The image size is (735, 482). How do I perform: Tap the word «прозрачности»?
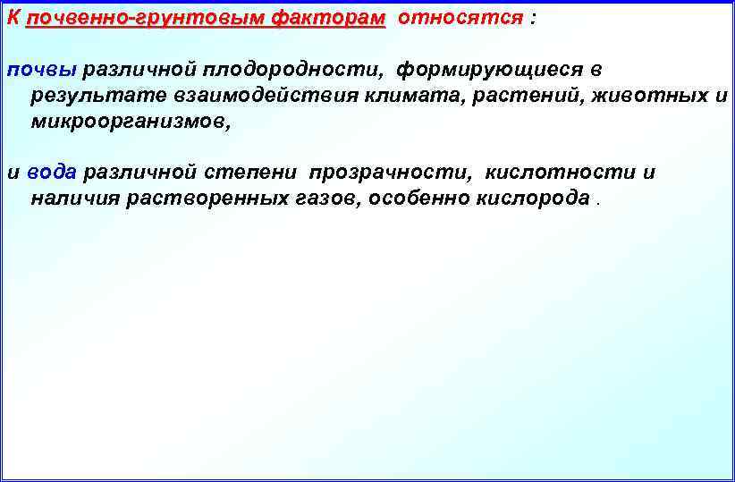pos(389,173)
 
